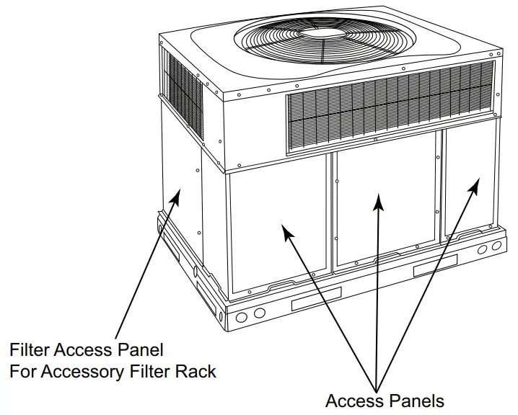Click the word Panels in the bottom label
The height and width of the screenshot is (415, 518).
(419, 400)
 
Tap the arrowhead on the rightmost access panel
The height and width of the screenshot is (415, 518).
(475, 186)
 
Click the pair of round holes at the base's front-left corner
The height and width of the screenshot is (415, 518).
(248, 315)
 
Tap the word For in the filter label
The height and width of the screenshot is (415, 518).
(22, 372)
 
